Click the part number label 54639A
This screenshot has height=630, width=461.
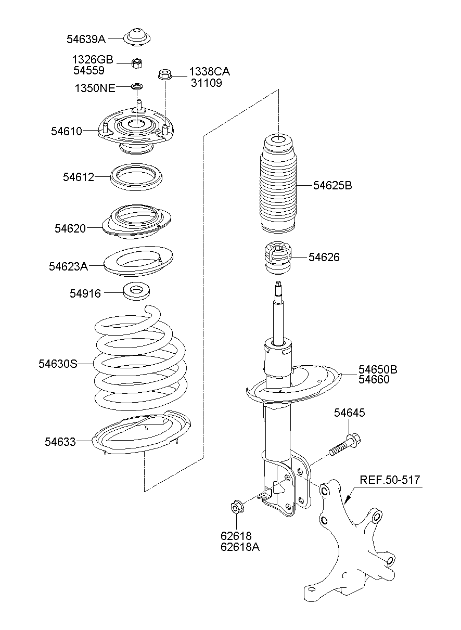point(86,39)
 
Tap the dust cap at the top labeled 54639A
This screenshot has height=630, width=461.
point(137,38)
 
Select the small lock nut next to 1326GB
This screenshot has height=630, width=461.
point(137,63)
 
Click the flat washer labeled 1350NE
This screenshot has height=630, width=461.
point(137,85)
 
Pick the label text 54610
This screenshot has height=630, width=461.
point(67,131)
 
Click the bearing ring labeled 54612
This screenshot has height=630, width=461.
point(136,177)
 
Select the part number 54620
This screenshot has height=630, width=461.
point(70,228)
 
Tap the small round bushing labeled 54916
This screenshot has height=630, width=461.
point(136,291)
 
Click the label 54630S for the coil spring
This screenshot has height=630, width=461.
point(58,364)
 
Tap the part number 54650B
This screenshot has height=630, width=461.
point(378,369)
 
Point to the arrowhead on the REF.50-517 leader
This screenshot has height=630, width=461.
point(348,499)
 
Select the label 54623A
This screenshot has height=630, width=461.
point(68,266)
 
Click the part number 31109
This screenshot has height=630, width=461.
point(207,83)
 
